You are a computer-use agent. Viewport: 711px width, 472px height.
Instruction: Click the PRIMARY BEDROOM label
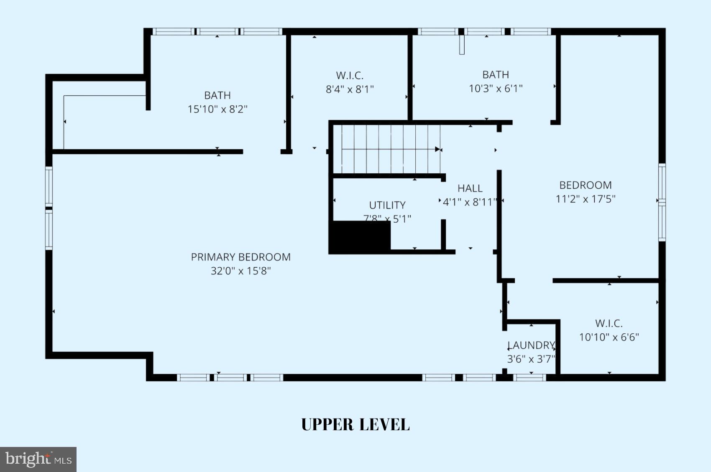(240, 257)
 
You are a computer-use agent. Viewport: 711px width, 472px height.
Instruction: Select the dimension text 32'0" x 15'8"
(240, 271)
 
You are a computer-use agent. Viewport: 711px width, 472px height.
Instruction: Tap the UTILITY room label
(387, 205)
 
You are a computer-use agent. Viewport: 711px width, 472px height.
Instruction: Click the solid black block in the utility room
(359, 237)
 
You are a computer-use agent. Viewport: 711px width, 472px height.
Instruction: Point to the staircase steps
(389, 149)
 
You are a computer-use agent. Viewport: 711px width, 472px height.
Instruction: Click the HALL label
(470, 188)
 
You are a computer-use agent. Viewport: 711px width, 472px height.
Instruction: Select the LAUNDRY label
(531, 345)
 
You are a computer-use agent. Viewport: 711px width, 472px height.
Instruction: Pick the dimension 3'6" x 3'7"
(531, 359)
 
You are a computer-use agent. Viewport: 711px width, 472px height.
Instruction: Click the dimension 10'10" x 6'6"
(609, 337)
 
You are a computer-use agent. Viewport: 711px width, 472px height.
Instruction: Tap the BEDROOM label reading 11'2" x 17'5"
(585, 185)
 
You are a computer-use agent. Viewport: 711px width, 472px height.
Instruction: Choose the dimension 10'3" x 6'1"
(496, 89)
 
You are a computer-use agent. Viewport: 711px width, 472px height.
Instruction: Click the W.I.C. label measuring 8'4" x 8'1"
(350, 76)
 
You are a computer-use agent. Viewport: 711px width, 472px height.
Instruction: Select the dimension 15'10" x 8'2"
(217, 109)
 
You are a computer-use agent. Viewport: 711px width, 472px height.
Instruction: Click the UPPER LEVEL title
(355, 424)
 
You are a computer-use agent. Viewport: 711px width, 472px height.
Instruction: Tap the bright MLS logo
(38, 459)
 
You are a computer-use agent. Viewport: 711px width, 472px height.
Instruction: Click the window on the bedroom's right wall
(662, 203)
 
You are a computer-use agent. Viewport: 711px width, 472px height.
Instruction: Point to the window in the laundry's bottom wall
(529, 378)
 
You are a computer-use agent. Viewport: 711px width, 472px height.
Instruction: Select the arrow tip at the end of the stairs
(438, 149)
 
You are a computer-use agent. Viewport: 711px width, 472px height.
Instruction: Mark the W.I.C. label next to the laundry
(609, 323)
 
